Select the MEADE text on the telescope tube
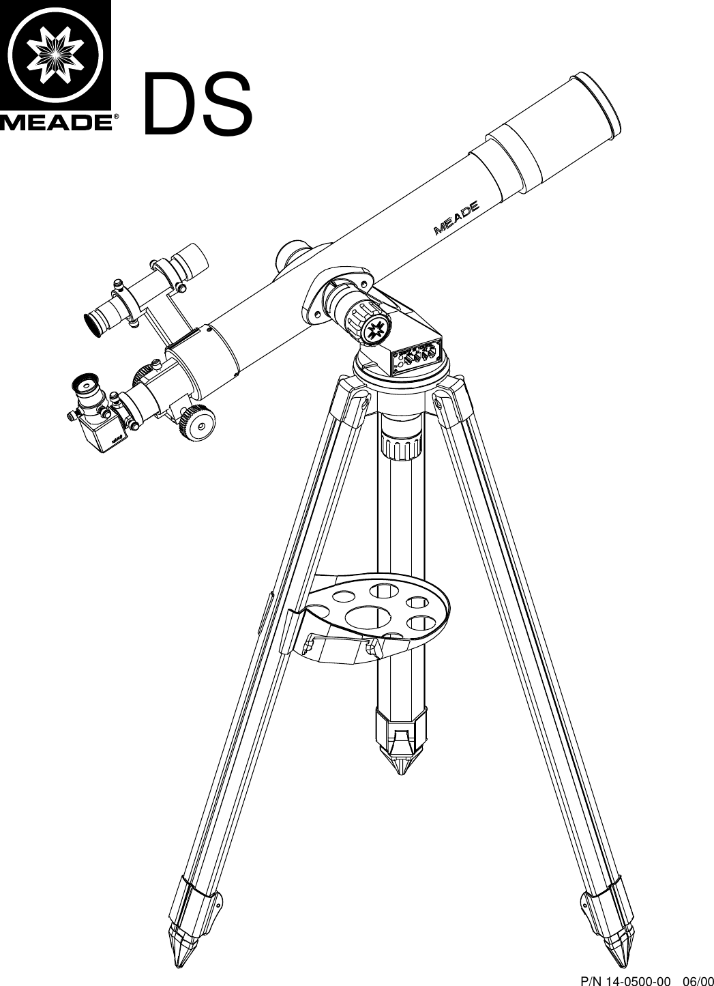point(457,216)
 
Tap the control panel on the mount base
point(417,356)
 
